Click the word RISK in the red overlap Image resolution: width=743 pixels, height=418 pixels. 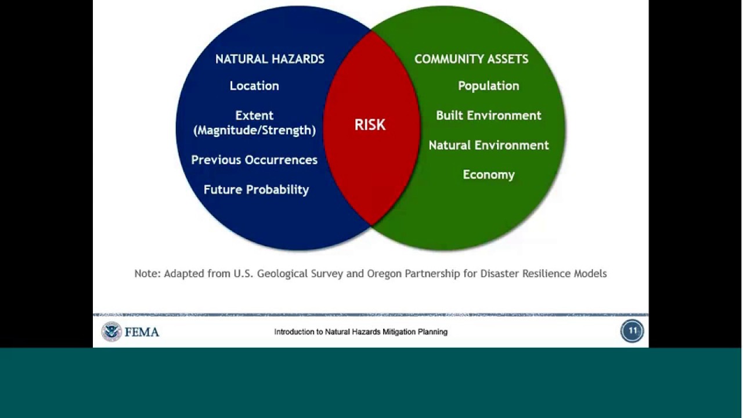[x=370, y=125]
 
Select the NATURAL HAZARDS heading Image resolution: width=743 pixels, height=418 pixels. [x=270, y=59]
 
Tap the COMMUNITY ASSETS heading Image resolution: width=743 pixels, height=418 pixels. [x=471, y=59]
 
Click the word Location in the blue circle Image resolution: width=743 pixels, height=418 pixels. [x=254, y=86]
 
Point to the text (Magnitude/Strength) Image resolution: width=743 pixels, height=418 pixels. [x=254, y=131]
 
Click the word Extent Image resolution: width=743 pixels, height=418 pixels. [x=254, y=116]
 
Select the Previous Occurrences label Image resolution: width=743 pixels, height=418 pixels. [x=254, y=160]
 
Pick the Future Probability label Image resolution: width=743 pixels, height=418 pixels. [x=256, y=190]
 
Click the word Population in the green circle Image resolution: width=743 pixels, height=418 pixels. [x=488, y=86]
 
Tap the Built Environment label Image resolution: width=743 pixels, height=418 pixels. [x=488, y=116]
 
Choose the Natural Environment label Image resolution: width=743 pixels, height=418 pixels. [x=488, y=145]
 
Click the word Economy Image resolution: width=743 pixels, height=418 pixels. [x=488, y=175]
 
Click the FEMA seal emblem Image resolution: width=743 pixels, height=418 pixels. [x=111, y=331]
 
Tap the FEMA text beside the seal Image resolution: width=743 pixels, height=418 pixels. [x=142, y=332]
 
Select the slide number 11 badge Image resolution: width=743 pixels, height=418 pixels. [x=632, y=331]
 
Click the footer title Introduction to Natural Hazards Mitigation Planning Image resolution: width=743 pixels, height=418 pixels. [x=360, y=332]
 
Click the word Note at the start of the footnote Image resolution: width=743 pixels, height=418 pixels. [x=147, y=273]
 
